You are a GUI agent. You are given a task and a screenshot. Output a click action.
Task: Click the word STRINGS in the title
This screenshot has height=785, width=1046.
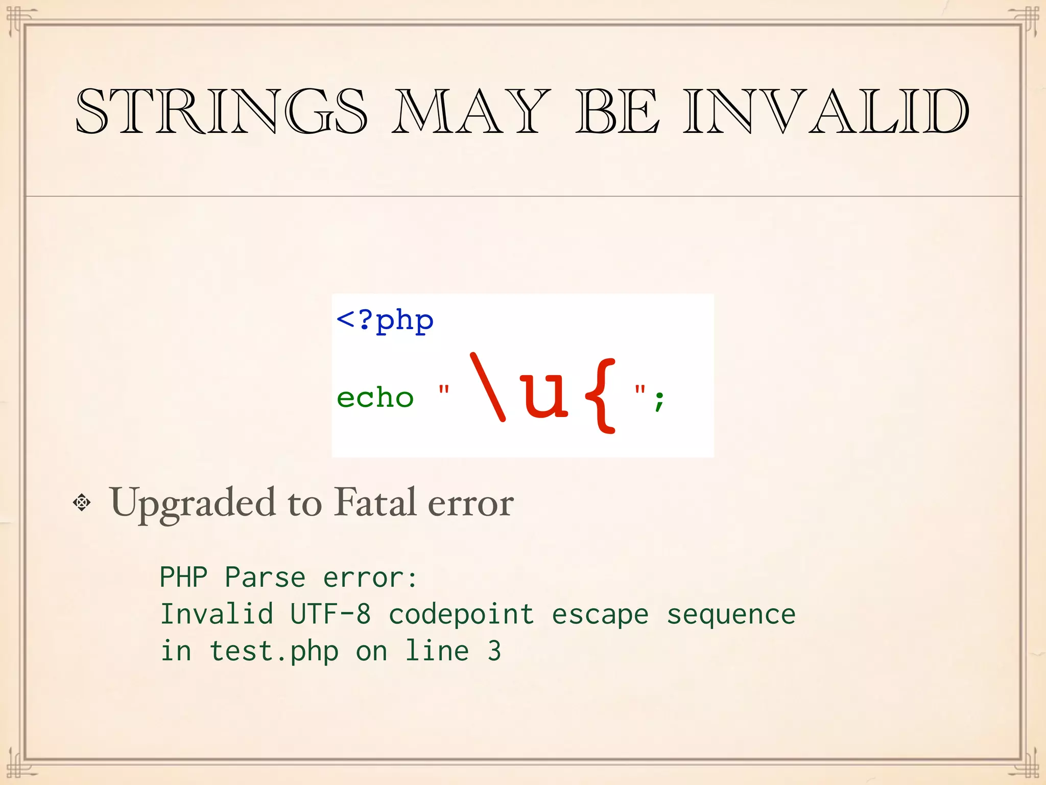221,111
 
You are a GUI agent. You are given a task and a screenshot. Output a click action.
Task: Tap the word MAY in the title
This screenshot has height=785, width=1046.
471,111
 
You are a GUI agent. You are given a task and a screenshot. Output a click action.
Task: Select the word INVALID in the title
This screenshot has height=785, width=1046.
826,111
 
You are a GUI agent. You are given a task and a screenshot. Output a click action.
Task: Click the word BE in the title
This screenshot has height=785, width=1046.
617,111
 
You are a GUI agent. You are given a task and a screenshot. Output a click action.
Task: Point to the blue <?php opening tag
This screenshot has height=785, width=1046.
385,321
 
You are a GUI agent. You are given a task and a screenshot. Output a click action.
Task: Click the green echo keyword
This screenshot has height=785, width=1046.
375,397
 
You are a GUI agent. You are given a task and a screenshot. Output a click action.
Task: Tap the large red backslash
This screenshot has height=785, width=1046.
488,387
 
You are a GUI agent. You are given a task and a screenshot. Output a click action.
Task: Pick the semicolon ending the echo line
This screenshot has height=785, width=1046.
659,400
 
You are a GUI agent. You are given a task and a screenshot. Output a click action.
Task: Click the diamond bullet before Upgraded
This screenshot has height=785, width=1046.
82,503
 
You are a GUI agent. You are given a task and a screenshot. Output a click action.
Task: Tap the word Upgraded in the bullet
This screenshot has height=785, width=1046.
192,503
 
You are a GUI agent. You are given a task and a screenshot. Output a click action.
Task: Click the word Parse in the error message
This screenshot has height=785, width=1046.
265,578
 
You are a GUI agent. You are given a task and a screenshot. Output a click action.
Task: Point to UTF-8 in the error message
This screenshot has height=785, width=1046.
330,614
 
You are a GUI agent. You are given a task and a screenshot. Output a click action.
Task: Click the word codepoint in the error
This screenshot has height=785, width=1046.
461,614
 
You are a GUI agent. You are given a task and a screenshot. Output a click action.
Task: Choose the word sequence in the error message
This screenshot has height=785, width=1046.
731,614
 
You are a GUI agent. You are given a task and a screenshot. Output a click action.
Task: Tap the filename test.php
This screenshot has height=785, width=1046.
274,652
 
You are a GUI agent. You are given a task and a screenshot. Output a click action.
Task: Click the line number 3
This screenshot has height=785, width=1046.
494,651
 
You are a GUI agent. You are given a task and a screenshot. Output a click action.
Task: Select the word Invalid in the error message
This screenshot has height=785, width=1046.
217,614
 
